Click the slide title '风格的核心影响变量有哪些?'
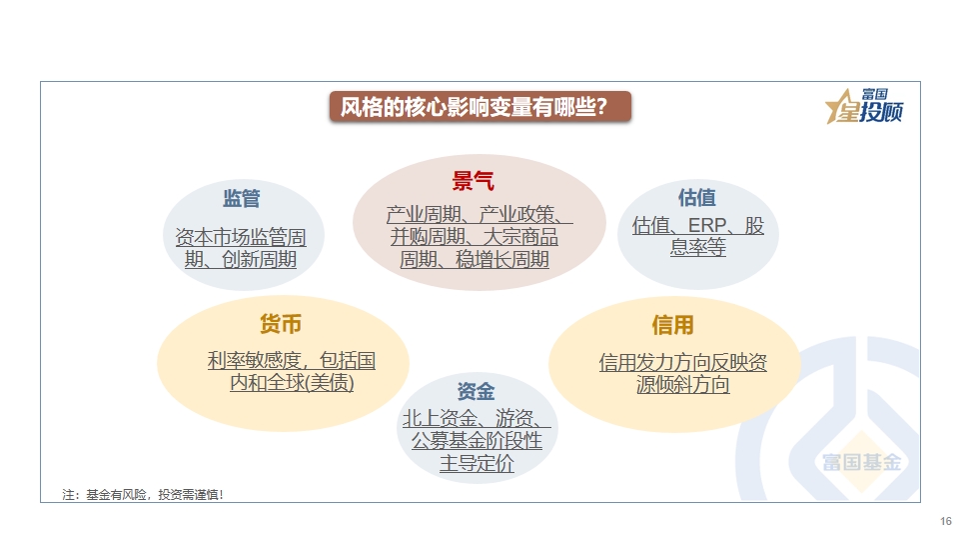(x=474, y=107)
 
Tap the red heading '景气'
(x=473, y=181)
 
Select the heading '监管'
(x=242, y=198)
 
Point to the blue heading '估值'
(x=696, y=198)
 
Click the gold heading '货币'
(x=281, y=324)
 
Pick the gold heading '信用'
(x=672, y=325)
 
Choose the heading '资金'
(x=476, y=391)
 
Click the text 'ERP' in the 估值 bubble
(x=707, y=225)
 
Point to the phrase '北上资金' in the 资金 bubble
(x=440, y=418)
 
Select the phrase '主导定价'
(x=477, y=463)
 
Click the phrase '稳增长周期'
(x=502, y=260)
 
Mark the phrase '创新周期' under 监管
(x=260, y=259)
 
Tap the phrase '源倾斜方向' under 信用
(x=682, y=384)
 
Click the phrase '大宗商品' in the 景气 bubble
(x=520, y=237)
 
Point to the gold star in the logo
(x=841, y=107)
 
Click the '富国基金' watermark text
(x=862, y=462)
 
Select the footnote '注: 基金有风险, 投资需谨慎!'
(x=143, y=495)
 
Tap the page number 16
(x=946, y=521)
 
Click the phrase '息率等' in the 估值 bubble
(x=698, y=247)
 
